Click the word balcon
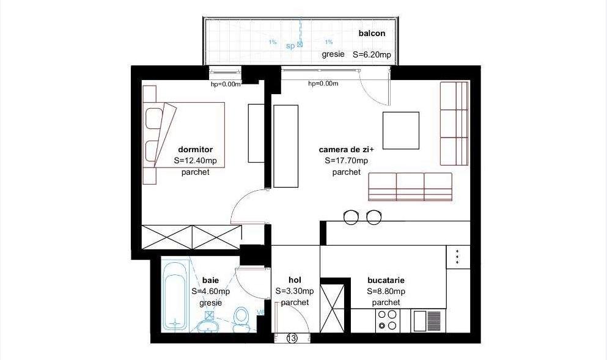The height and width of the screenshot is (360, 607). pos(372,34)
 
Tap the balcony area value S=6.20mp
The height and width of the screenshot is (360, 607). pos(372,54)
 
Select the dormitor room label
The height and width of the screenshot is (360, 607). pos(195,149)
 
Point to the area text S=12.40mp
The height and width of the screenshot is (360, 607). pos(195,161)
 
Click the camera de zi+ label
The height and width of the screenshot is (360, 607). pos(346,149)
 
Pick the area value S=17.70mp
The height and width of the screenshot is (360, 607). pos(347,161)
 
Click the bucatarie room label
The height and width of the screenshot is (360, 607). pos(386,279)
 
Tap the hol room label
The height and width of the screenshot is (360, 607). pos(295,279)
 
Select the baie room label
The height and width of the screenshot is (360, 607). pos(210,280)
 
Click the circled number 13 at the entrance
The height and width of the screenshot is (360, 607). pos(292,338)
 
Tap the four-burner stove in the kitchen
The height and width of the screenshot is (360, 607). pos(386,320)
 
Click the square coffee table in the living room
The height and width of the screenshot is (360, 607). pos(401,131)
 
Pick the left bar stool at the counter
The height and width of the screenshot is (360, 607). pos(351,216)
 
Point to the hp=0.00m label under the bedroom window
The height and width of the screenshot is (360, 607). pos(226,84)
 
